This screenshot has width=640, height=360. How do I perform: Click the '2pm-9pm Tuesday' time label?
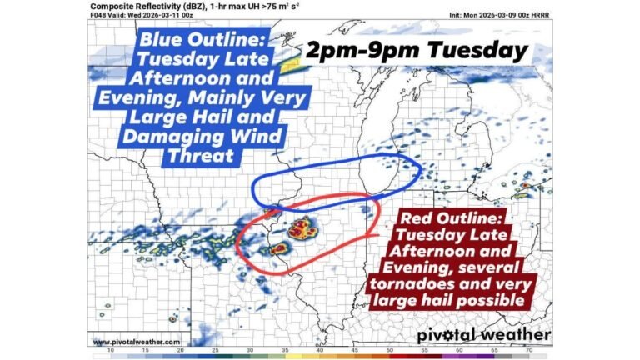417,51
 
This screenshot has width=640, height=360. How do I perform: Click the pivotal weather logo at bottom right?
483,335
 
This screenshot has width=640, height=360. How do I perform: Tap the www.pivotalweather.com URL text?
136,342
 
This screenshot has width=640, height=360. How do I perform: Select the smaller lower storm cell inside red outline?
278,247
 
